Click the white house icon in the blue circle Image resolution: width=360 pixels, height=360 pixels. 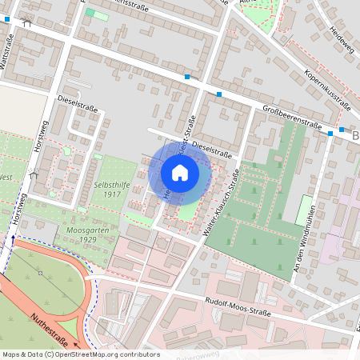tap(180, 172)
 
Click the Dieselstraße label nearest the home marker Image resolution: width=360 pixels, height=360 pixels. tap(211, 150)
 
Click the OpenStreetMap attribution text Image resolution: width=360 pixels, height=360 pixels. tap(80, 354)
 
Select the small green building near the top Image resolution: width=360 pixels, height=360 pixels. tap(96, 14)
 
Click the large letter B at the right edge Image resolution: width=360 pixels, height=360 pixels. tap(354, 137)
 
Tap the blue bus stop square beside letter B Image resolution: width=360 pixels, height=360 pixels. tap(342, 129)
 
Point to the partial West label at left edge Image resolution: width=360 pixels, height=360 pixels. tap(6, 176)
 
